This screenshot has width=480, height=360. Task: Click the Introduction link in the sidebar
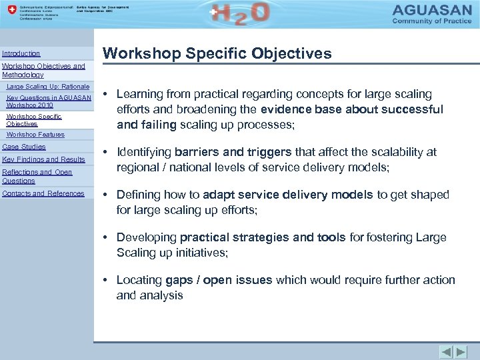(21, 53)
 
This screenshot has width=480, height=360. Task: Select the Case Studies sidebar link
(24, 147)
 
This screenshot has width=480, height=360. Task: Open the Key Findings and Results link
(44, 159)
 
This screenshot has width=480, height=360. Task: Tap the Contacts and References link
(43, 193)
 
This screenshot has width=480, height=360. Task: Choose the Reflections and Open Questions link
(37, 176)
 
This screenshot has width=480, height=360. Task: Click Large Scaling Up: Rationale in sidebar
(47, 87)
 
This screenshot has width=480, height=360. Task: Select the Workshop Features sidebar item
(35, 135)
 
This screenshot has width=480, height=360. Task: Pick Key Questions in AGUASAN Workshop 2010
(49, 101)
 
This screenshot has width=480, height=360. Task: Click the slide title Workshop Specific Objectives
(217, 54)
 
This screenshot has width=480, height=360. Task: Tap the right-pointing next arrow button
(461, 351)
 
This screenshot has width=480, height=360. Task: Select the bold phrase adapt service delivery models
(287, 195)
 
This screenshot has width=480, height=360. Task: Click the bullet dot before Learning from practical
(107, 95)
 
